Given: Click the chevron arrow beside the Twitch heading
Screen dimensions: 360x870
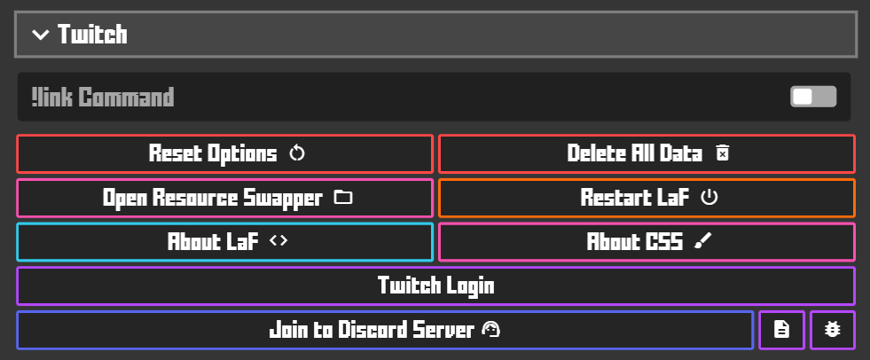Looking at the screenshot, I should (40, 35).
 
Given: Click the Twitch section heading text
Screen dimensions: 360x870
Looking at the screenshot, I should (92, 35).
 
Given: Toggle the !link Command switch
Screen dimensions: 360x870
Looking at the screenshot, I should (813, 97).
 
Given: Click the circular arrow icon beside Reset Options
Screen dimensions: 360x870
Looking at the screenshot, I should (297, 153).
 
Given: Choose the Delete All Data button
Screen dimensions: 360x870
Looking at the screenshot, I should (647, 153).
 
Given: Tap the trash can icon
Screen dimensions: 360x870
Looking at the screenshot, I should (722, 153).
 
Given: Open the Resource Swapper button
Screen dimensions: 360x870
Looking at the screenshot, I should (225, 198).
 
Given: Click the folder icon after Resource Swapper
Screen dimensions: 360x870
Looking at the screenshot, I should (342, 198).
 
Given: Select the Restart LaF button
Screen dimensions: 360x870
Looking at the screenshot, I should (647, 198).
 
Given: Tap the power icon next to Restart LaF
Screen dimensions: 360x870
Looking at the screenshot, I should (709, 198).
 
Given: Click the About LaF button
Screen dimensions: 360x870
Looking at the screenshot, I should (225, 242).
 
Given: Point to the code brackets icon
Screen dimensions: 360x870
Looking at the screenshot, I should (278, 241).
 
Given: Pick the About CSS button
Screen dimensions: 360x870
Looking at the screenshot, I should (647, 242).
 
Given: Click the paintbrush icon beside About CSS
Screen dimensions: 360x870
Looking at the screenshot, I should (703, 241).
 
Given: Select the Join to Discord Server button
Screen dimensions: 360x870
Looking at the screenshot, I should (385, 331).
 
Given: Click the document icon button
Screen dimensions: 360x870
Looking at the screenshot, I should (781, 330).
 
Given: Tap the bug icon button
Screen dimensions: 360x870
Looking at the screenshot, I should (833, 330).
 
